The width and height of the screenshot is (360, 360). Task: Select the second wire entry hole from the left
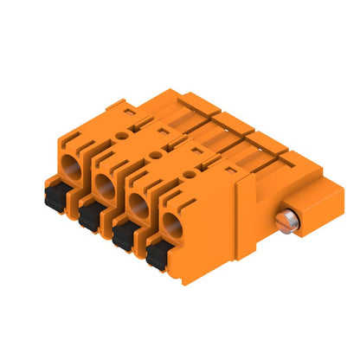click(106, 183)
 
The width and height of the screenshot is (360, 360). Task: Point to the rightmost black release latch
click(157, 255)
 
